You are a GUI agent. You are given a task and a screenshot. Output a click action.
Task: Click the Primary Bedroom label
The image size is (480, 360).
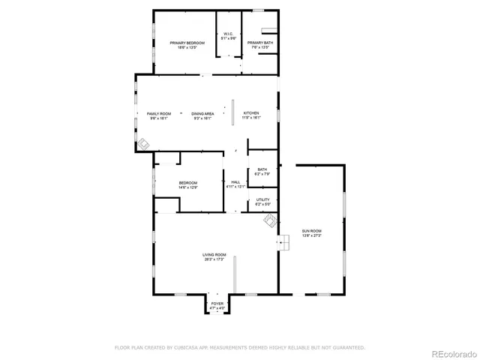[x=187, y=43]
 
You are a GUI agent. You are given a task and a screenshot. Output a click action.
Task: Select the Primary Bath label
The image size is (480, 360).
[x=260, y=43]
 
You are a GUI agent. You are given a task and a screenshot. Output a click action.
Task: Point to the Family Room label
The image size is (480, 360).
[x=158, y=113]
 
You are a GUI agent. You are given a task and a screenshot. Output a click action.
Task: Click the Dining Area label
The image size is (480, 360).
[x=202, y=113]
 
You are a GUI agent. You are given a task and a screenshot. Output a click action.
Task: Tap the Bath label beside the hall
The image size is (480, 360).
[x=262, y=169]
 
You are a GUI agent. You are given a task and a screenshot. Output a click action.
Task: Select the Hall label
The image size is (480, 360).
[x=235, y=182]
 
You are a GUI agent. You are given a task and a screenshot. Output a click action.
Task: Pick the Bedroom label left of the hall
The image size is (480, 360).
[x=187, y=183]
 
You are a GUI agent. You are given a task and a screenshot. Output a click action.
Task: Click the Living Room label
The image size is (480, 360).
[x=214, y=255]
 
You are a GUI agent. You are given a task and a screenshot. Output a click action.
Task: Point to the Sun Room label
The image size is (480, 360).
[x=311, y=230]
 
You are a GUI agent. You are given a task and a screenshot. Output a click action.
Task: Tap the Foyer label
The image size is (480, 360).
[x=217, y=304]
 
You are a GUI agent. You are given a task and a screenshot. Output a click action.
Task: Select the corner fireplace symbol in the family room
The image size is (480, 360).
[x=142, y=144]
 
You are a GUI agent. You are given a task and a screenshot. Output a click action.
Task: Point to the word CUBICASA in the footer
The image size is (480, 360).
[x=183, y=347]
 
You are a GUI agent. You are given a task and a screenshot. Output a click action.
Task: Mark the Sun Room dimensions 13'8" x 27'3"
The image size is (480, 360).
[x=311, y=235]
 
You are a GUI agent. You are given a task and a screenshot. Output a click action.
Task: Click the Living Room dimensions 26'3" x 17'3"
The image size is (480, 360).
[x=214, y=259]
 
